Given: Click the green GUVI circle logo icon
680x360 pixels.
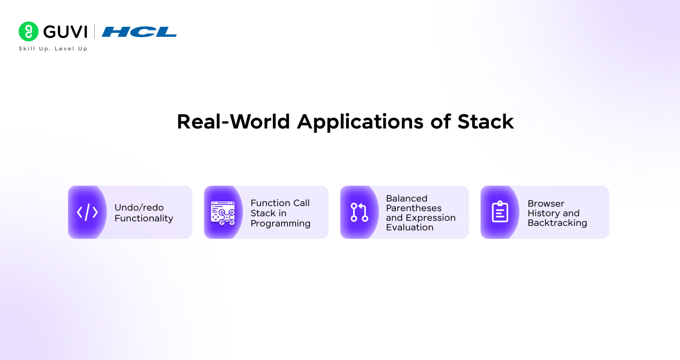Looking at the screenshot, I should click(x=29, y=32).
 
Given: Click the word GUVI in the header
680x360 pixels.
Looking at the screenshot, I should click(x=65, y=32).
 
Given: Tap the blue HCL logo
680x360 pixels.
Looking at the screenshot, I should click(x=139, y=32).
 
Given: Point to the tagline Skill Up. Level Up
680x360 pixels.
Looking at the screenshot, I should click(x=53, y=49).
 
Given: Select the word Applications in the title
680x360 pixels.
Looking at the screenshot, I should click(x=360, y=122).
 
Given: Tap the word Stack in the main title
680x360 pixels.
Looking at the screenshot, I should click(x=485, y=121).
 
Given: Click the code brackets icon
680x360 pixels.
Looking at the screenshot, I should click(x=87, y=212).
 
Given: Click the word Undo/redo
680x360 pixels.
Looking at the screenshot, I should click(x=139, y=207).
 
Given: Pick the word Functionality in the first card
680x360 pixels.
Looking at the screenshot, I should click(x=144, y=218).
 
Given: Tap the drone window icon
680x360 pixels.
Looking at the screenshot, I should click(x=223, y=213).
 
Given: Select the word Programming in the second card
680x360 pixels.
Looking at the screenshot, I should click(x=280, y=224).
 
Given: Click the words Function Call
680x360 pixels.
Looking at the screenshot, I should click(x=280, y=203).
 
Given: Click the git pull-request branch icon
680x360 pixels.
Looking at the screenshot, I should click(x=359, y=212).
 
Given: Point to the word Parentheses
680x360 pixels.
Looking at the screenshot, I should click(x=414, y=208).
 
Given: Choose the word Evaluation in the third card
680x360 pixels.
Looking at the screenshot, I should click(x=409, y=227).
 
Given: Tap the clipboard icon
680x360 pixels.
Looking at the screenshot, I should click(x=500, y=212).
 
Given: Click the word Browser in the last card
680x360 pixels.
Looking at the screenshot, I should click(x=546, y=203).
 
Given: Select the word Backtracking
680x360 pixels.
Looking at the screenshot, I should click(x=557, y=223).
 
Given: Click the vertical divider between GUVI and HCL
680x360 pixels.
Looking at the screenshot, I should click(x=95, y=32).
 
